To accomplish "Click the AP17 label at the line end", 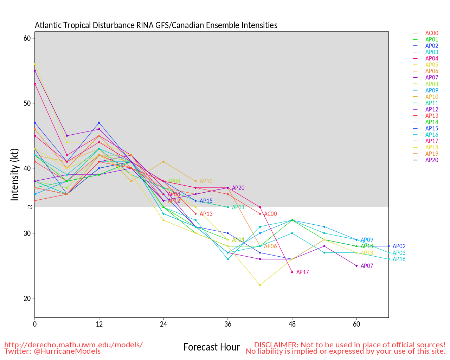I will (302, 272).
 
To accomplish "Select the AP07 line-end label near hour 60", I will (367, 266).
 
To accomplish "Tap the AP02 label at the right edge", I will (399, 246).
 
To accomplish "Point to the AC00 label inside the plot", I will (270, 214).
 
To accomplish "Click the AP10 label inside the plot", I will (206, 181).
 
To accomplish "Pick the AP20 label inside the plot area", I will (238, 188).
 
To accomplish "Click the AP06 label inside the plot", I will (270, 246).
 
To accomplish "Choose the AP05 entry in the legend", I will (432, 65).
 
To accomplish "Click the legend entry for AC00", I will (432, 33).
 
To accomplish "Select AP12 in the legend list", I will (432, 109).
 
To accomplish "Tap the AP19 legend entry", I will (432, 154).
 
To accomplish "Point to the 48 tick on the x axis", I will (292, 324).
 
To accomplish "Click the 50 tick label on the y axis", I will (27, 103).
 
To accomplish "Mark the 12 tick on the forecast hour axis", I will (99, 324).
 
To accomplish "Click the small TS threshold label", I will (30, 207).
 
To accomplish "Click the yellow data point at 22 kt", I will (260, 285).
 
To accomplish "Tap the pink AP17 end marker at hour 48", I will (292, 272).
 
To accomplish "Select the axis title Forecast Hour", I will (211, 347).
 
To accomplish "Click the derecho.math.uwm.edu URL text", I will (73, 345).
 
